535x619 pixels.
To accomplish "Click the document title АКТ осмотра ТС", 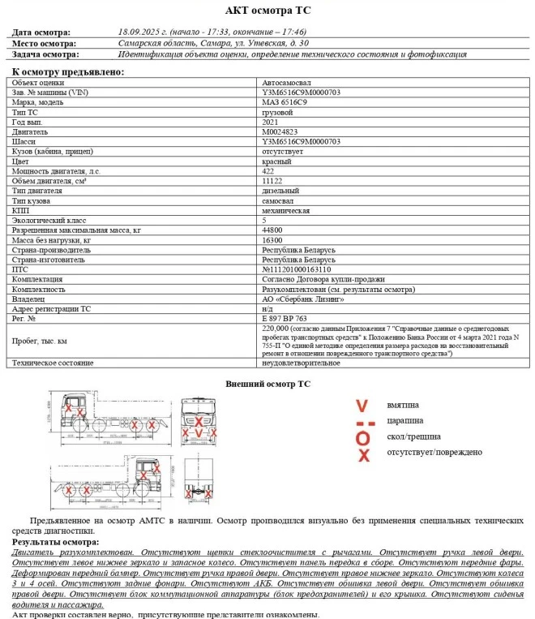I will click(x=267, y=11).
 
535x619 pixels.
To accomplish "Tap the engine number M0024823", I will click(x=280, y=131).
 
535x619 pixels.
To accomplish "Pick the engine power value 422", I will click(x=268, y=170).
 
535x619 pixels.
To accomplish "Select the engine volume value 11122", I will click(x=272, y=180).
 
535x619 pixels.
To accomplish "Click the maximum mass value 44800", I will click(x=272, y=230).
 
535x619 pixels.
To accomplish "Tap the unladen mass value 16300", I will click(x=272, y=240).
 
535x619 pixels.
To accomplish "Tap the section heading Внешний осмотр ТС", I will click(x=267, y=384).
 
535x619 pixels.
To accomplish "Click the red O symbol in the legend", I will click(x=363, y=439).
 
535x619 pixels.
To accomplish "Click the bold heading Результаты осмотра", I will click(x=55, y=541).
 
